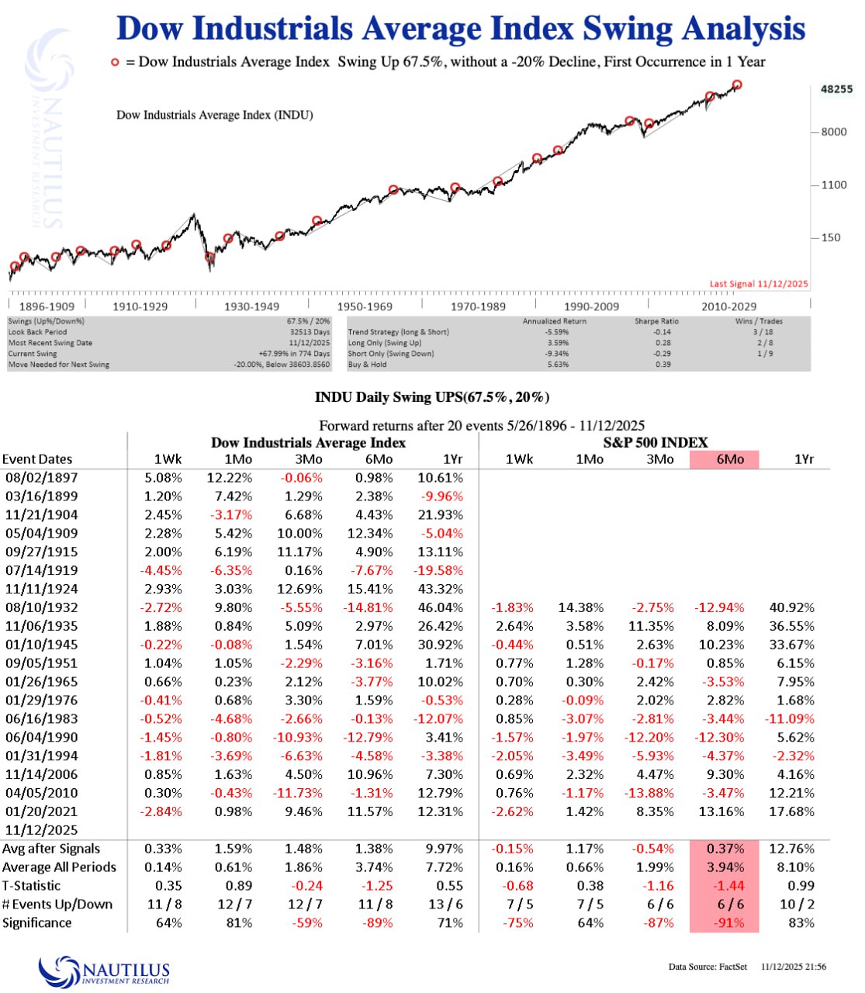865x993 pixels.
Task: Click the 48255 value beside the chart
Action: point(836,89)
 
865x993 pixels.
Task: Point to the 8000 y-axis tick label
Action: point(834,132)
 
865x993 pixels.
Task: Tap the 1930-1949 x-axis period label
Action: point(252,306)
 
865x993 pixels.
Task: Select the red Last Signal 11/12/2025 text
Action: point(759,284)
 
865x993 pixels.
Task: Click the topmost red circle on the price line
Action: point(737,85)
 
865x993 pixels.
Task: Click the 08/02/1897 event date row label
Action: point(41,478)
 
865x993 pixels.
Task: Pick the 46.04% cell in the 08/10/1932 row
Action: point(440,607)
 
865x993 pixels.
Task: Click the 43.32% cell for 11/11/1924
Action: point(440,589)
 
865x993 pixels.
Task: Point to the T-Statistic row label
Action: point(32,886)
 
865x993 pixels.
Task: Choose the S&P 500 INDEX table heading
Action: point(656,443)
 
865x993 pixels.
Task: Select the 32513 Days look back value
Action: point(310,332)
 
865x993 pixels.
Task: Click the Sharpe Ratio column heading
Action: point(656,321)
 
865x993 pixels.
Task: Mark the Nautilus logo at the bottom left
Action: point(105,971)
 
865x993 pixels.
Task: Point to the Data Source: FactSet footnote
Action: point(708,967)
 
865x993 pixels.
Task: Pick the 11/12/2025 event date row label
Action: point(41,830)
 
